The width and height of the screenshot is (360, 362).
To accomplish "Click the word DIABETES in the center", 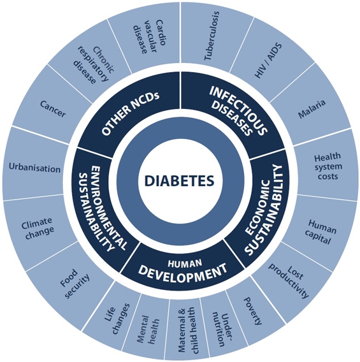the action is pos(179,180).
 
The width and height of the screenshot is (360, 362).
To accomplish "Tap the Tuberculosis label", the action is pos(212,36).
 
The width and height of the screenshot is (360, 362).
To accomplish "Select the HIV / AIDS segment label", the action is pos(268,61).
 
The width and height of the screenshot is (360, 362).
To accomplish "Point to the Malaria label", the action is pos(312,109).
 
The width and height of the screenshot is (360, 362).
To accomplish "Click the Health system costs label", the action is pos(328,166).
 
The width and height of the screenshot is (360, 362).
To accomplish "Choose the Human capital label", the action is pos(320,232).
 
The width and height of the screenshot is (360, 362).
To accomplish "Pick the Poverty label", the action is pos(254,311).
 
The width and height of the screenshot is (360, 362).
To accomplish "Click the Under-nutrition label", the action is pos(222,329).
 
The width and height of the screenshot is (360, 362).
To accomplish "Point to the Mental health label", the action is pos(148,329).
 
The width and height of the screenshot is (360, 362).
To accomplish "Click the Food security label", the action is pos(75,284).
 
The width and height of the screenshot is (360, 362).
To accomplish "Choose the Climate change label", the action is pos(38,228).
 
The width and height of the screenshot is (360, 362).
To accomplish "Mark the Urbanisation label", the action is pos(34,168).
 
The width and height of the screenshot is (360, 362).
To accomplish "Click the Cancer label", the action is pos(53,108).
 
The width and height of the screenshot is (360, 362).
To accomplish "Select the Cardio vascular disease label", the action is pos(149,36).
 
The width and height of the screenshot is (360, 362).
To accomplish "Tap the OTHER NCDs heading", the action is pos(131,114).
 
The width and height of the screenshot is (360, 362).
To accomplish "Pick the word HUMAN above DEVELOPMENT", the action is pos(185,263).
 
